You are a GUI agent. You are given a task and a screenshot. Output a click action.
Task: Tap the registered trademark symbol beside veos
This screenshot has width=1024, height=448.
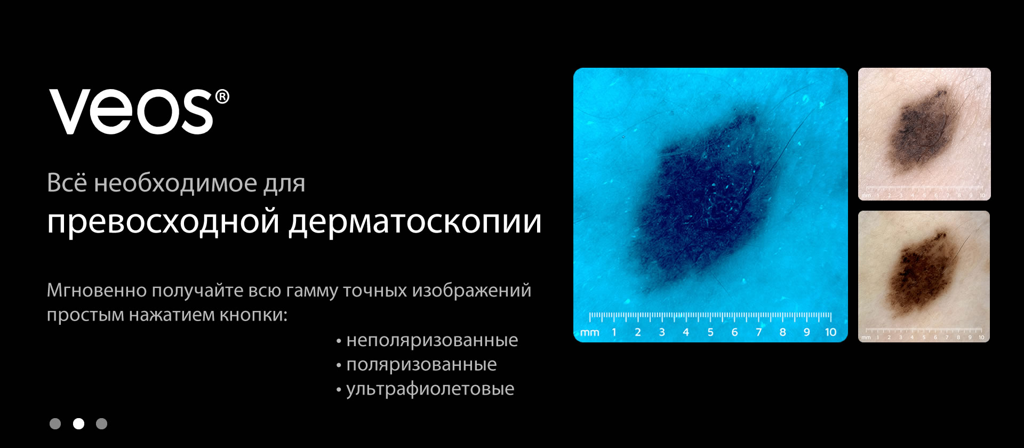point(222,97)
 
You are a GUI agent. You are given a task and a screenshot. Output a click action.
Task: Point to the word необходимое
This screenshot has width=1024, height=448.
point(175,183)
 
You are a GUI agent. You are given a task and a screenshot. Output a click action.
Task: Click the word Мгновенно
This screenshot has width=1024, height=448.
point(97,290)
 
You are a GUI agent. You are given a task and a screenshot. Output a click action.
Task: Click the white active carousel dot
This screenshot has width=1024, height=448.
point(78,423)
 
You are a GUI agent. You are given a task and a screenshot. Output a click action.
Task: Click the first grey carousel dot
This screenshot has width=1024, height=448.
point(55,423)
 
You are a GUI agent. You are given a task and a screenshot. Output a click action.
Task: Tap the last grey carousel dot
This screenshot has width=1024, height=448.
point(101,423)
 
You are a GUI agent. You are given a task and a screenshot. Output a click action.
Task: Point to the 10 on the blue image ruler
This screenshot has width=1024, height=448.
point(830,332)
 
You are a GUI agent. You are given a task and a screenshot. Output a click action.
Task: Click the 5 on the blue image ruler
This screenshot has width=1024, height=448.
point(710,332)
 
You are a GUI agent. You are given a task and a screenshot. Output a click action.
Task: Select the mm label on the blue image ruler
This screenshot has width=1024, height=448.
point(589,333)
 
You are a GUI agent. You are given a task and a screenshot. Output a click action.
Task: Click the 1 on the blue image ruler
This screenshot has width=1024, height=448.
point(614,332)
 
